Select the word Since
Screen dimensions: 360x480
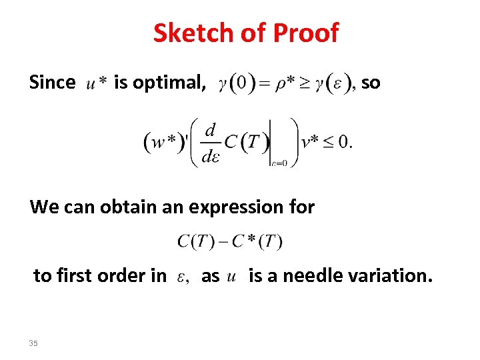[52, 83]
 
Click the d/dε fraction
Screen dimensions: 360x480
[210, 142]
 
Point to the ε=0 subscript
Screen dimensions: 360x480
[279, 163]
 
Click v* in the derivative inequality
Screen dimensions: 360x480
[310, 142]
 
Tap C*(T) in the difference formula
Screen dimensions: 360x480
[257, 241]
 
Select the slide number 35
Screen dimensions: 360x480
[34, 343]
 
